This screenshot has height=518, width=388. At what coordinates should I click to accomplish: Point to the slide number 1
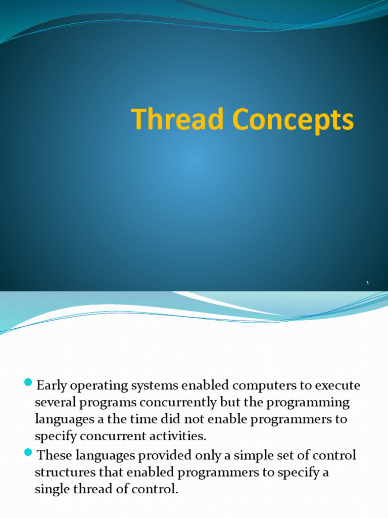coord(368,283)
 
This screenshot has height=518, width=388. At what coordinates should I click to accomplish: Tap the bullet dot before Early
coord(28,382)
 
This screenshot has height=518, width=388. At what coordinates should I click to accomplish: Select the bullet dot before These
coord(28,452)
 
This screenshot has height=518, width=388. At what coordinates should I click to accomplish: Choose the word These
coord(56,455)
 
